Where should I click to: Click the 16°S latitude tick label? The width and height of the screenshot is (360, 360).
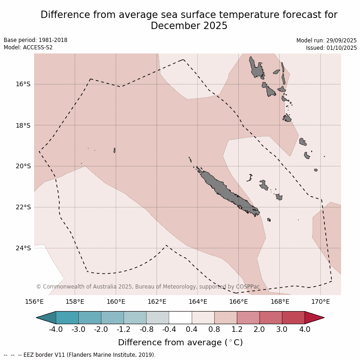(23, 84)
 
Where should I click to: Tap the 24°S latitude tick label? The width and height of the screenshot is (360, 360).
(23, 248)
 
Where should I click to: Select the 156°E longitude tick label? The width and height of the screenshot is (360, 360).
(34, 302)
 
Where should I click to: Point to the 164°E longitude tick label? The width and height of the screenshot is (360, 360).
(197, 302)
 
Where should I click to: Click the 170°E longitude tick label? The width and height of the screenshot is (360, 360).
(320, 302)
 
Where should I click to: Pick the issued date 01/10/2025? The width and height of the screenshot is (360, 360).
(342, 47)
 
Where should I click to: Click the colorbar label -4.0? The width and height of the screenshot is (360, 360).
(56, 329)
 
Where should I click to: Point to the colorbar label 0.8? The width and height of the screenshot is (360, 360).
(214, 329)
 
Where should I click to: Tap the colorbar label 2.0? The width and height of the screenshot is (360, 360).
(260, 329)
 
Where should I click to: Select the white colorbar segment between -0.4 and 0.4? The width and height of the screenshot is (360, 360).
(180, 318)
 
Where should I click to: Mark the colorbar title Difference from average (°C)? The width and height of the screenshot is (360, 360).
(180, 342)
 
